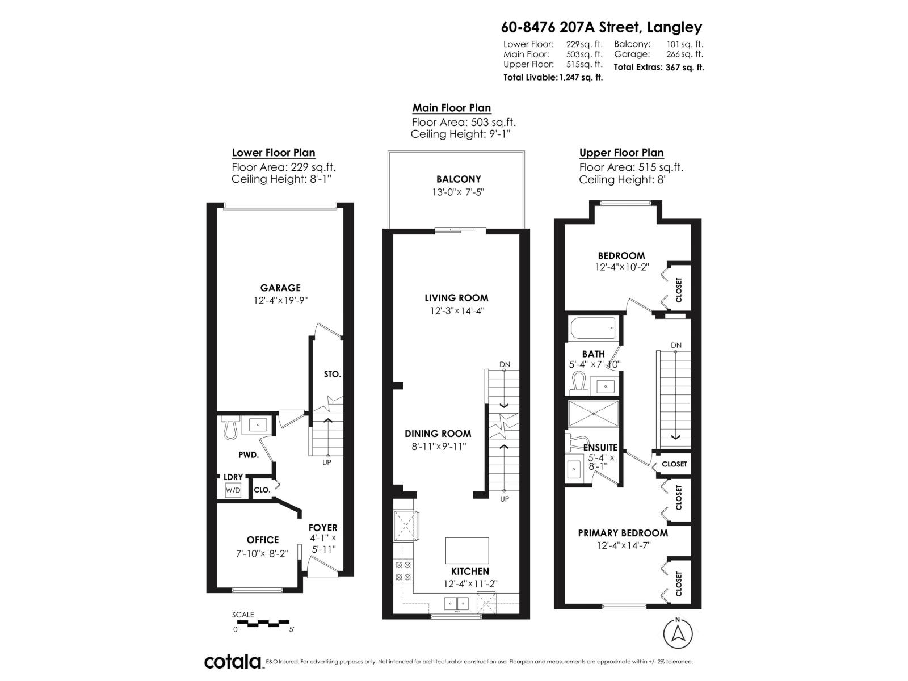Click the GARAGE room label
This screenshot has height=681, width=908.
click(x=280, y=288)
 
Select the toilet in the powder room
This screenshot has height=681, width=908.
click(x=230, y=427)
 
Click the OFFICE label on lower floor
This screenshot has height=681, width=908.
click(x=263, y=540)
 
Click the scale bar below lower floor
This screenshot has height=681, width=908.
click(x=263, y=623)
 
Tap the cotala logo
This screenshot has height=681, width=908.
click(x=233, y=662)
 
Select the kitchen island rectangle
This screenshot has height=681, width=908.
click(x=466, y=550)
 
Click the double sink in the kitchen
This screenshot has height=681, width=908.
click(x=456, y=603)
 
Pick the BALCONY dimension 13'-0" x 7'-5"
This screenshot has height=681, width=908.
click(x=458, y=192)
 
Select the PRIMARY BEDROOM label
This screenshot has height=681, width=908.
click(x=623, y=533)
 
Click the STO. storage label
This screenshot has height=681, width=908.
click(x=333, y=374)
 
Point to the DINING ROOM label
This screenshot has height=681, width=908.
click(x=438, y=433)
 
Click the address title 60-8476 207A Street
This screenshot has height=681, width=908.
click(x=601, y=27)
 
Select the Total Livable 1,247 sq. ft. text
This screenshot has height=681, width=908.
click(x=553, y=77)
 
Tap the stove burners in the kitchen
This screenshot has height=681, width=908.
click(x=402, y=570)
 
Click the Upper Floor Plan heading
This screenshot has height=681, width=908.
click(x=621, y=152)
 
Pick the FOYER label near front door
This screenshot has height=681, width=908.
click(x=323, y=527)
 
